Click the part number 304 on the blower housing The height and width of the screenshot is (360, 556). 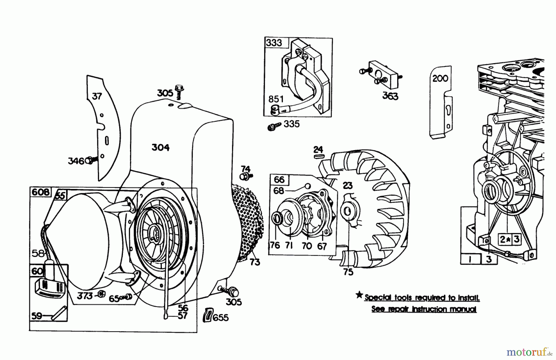(x=160, y=148)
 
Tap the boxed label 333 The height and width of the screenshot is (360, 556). (x=274, y=43)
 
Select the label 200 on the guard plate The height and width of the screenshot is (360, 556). (x=440, y=78)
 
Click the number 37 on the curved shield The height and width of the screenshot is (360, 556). (x=97, y=96)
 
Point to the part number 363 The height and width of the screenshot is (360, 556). (x=390, y=96)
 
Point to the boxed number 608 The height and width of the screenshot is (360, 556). (x=41, y=192)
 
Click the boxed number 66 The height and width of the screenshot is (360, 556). (x=279, y=179)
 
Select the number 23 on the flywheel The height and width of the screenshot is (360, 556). (x=348, y=185)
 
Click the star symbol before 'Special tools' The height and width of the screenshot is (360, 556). (x=359, y=295)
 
